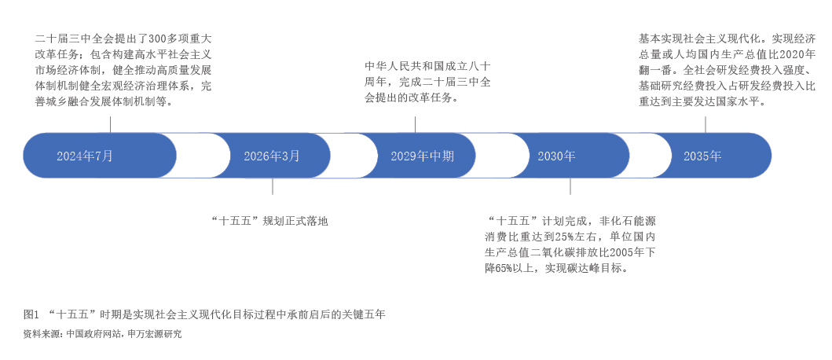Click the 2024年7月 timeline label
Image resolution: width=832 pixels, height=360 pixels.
tap(85, 156)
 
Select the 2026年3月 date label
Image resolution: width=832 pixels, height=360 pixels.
tap(272, 156)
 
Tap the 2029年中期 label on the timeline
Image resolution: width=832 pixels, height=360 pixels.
tap(422, 156)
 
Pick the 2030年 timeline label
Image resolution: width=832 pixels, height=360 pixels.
tap(556, 156)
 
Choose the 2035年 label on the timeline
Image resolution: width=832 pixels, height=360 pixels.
tap(702, 156)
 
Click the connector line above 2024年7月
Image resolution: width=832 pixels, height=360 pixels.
tap(110, 124)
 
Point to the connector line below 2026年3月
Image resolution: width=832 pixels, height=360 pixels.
tap(273, 186)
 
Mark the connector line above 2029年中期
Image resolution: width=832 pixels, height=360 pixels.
tap(415, 124)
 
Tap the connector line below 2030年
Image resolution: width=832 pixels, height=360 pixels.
tap(570, 186)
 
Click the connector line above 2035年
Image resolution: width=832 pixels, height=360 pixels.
tap(712, 124)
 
